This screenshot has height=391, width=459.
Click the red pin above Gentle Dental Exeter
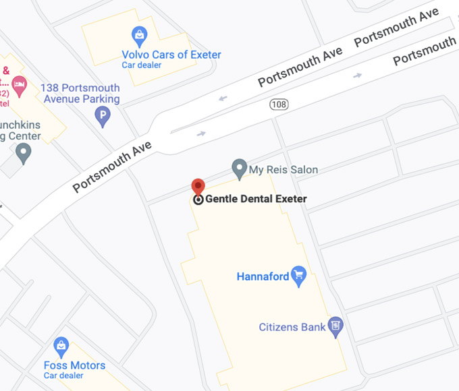pyautogui.click(x=198, y=187)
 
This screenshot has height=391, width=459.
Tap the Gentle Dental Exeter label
pyautogui.click(x=256, y=199)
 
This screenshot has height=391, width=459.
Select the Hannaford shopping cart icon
pyautogui.click(x=299, y=275)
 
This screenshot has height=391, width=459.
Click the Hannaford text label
pyautogui.click(x=263, y=276)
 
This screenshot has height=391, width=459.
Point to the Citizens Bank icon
pyautogui.click(x=335, y=327)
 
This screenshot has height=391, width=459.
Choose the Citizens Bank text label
pyautogui.click(x=292, y=328)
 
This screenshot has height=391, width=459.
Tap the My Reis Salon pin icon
pyautogui.click(x=238, y=168)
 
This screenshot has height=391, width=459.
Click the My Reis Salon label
pyautogui.click(x=283, y=170)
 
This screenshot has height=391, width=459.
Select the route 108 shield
pyautogui.click(x=279, y=104)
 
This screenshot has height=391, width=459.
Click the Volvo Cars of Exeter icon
pyautogui.click(x=140, y=35)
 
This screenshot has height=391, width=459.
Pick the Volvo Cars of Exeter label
pyautogui.click(x=171, y=55)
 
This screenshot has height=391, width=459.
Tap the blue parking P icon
pyautogui.click(x=103, y=117)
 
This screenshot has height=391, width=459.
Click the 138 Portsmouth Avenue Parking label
pyautogui.click(x=80, y=94)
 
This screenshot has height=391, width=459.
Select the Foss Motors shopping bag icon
pyautogui.click(x=61, y=347)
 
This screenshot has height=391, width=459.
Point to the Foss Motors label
pyautogui.click(x=79, y=365)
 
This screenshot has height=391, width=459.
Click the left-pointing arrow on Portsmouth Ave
pyautogui.click(x=223, y=98)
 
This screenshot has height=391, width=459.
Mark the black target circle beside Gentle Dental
pyautogui.click(x=198, y=200)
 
